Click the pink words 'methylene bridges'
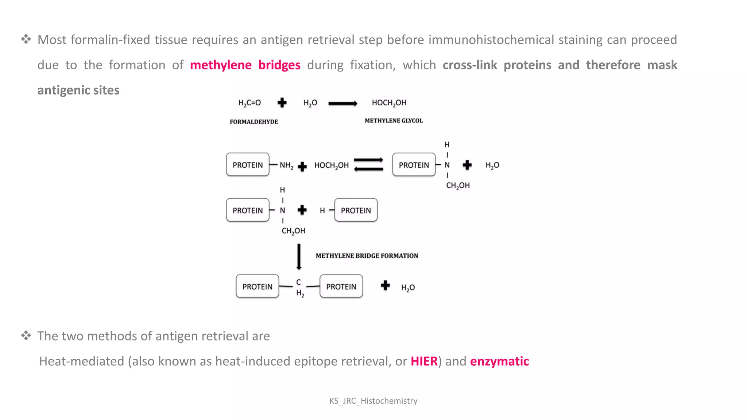pos(245,65)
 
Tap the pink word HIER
pos(424,361)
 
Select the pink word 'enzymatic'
pos(499,361)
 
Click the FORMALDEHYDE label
pos(254,122)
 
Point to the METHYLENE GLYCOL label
pos(394,121)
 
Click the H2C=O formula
pos(249,103)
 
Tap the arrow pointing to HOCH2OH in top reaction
pos(342,104)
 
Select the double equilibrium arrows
pos(368,165)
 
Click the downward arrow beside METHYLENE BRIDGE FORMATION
pos(299,257)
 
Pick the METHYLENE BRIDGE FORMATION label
pos(367,256)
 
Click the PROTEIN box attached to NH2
pos(248,165)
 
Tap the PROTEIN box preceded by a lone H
pos(356,210)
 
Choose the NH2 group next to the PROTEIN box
pos(286,166)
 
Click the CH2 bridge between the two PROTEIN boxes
pos(299,287)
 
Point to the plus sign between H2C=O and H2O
pos(282,103)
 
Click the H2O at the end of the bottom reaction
pos(408,288)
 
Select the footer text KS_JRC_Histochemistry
pos(373,401)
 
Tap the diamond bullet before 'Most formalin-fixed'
pos(26,39)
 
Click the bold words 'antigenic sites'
pos(78,90)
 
